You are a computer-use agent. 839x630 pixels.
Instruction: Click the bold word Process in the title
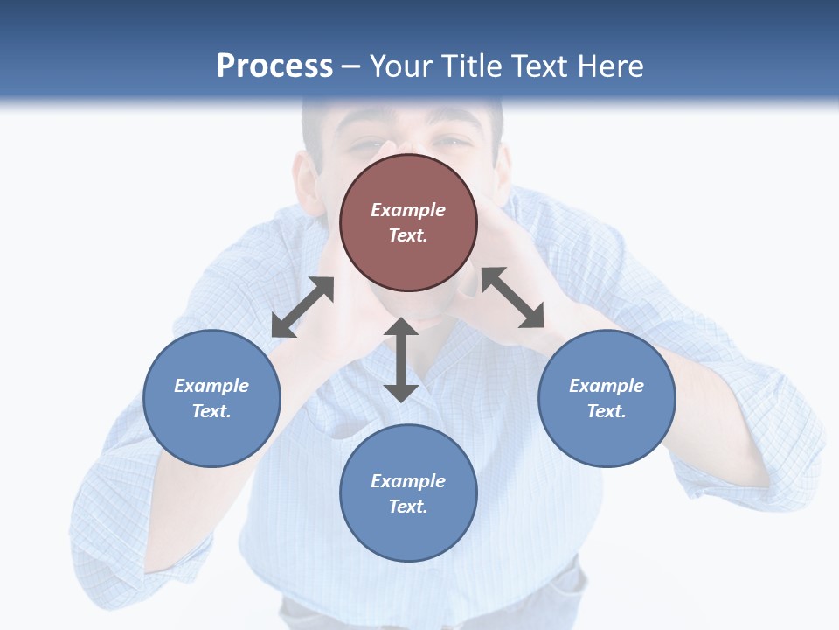[x=274, y=66]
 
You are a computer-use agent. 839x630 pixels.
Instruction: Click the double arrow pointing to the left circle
[x=302, y=307]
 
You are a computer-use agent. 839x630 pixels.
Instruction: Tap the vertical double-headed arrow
[x=401, y=360]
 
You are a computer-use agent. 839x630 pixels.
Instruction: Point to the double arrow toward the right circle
[x=512, y=297]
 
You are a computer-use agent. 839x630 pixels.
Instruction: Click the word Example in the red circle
[x=408, y=210]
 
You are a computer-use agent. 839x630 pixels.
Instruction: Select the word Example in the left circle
[x=211, y=386]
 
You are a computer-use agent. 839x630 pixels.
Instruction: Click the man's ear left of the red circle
[x=308, y=179]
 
